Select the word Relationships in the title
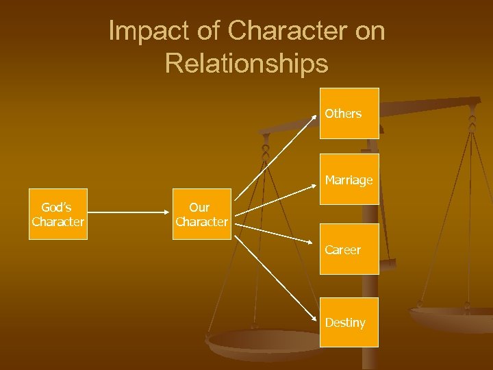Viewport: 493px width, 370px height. pos(246,64)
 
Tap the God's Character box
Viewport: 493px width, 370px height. pos(58,214)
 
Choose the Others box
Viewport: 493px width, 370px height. pos(349,114)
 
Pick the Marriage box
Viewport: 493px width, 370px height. pos(349,180)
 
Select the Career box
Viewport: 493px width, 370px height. pos(349,249)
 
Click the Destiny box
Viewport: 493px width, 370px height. pos(349,322)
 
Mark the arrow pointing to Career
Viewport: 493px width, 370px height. pos(277,236)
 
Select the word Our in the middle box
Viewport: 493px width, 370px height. pos(199,207)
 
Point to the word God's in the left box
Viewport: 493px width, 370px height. pos(56,207)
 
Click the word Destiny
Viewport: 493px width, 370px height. pos(345,322)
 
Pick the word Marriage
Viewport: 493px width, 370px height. pos(349,180)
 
